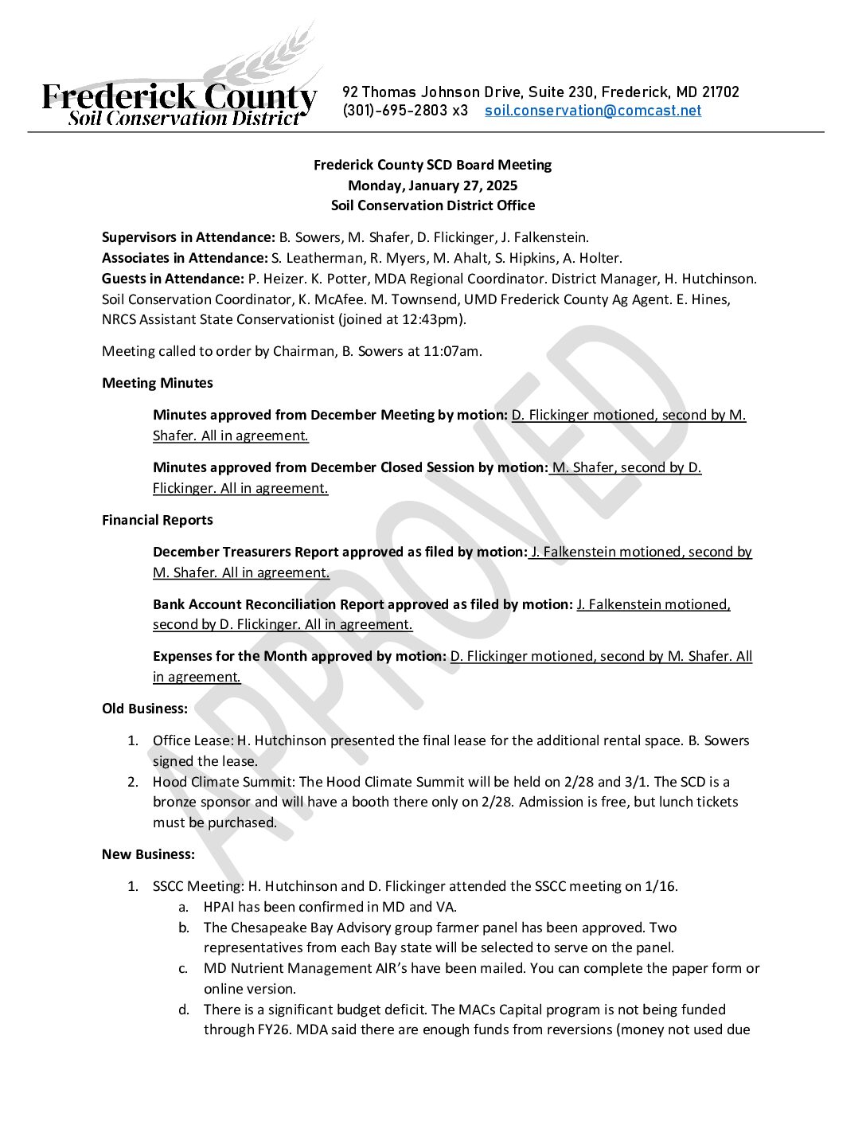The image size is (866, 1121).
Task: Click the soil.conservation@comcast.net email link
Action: pyautogui.click(x=593, y=111)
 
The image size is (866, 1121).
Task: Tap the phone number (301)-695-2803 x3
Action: pyautogui.click(x=405, y=111)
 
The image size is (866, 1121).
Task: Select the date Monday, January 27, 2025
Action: pyautogui.click(x=432, y=186)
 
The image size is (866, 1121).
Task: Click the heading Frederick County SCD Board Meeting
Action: pyautogui.click(x=432, y=165)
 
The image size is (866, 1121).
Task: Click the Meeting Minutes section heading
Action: pyautogui.click(x=158, y=383)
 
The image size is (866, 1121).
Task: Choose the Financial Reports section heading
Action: pyautogui.click(x=158, y=520)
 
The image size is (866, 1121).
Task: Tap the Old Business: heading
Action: pyautogui.click(x=145, y=709)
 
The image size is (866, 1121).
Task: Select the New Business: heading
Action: pyautogui.click(x=148, y=854)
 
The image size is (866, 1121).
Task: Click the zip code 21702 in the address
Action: pyautogui.click(x=720, y=92)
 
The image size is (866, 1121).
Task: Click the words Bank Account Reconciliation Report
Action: pyautogui.click(x=268, y=604)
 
